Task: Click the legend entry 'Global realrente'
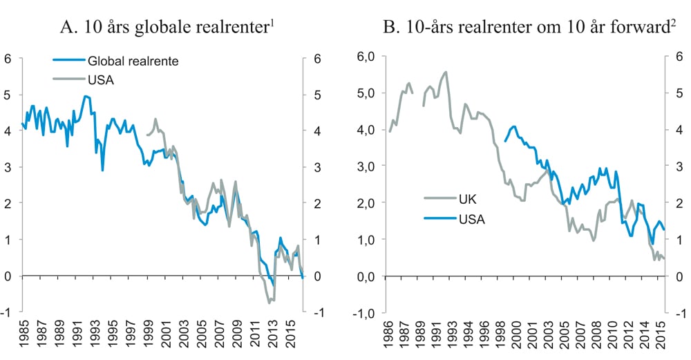tap(138, 61)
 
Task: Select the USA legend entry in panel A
tap(100, 79)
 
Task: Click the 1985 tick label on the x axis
tap(24, 337)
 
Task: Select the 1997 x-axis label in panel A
tap(130, 337)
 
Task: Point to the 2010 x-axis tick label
tap(611, 337)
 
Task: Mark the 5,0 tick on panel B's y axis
tap(363, 93)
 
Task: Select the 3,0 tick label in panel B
tap(363, 167)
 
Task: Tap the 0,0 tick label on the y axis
tap(363, 276)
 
